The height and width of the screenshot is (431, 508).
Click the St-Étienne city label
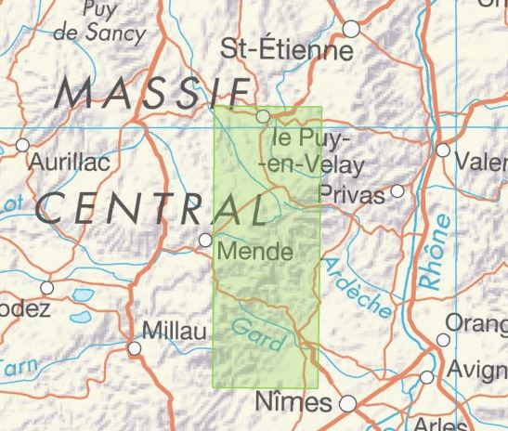pos(288,48)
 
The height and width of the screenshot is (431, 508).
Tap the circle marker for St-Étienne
pos(351,29)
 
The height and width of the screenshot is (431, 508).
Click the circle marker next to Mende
pos(206,241)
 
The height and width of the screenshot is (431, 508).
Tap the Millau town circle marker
pos(136,348)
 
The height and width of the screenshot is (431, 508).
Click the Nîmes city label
pos(293,403)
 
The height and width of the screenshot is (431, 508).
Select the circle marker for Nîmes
pos(347,404)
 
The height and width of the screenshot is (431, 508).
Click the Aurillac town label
pos(71,162)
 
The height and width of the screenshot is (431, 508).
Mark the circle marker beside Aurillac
pos(23,145)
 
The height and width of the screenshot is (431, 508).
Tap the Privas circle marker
pos(397,191)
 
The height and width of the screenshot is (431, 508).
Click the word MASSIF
pos(154,93)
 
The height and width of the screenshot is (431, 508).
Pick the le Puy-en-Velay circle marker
pos(264,116)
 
